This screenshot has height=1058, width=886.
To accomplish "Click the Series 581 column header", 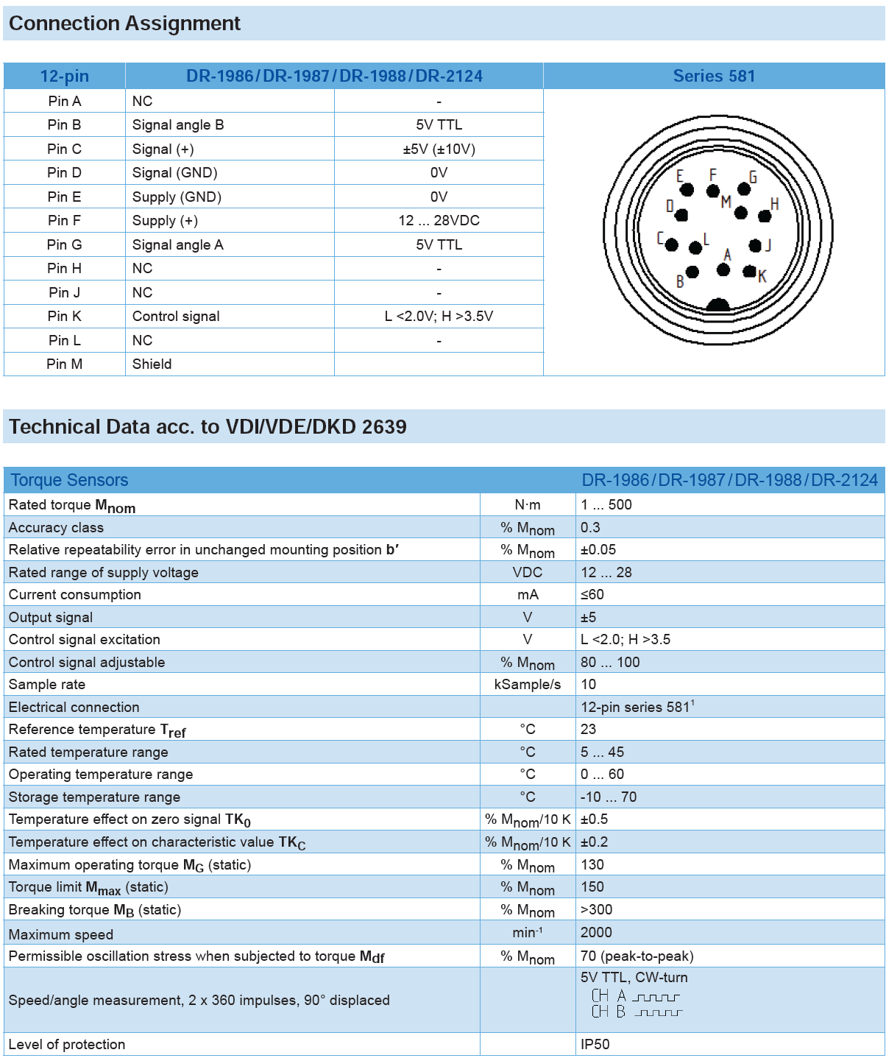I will (714, 76).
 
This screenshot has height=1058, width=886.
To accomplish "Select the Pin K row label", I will (65, 317).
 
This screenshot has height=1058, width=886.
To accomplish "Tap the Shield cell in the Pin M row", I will (152, 364).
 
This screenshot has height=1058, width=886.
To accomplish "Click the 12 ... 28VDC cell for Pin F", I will (439, 221).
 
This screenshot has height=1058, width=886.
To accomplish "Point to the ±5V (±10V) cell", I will (439, 149).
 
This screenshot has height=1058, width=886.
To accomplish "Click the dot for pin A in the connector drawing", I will (723, 270).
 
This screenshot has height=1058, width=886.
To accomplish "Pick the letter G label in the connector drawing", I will (753, 177).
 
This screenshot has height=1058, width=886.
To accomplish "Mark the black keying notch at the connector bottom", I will (717, 305).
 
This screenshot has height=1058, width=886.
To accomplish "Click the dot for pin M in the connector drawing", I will (741, 214).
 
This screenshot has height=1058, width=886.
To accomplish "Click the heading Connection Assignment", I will (125, 24).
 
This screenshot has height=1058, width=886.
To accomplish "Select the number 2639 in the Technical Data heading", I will (384, 427).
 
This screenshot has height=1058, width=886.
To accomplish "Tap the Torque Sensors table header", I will (69, 480).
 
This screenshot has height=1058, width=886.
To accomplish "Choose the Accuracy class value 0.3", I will (590, 528).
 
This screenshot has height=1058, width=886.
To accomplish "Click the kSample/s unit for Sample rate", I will (528, 685).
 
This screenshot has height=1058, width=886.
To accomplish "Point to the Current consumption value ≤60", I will (592, 595).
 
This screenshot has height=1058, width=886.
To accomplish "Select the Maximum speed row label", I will (61, 935).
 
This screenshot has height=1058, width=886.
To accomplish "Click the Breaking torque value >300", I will (597, 910).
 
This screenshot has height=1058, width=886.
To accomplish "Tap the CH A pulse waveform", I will (656, 997).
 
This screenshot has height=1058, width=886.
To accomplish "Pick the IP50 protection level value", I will (595, 1045).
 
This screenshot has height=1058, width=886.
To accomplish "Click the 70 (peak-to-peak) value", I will (637, 956).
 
